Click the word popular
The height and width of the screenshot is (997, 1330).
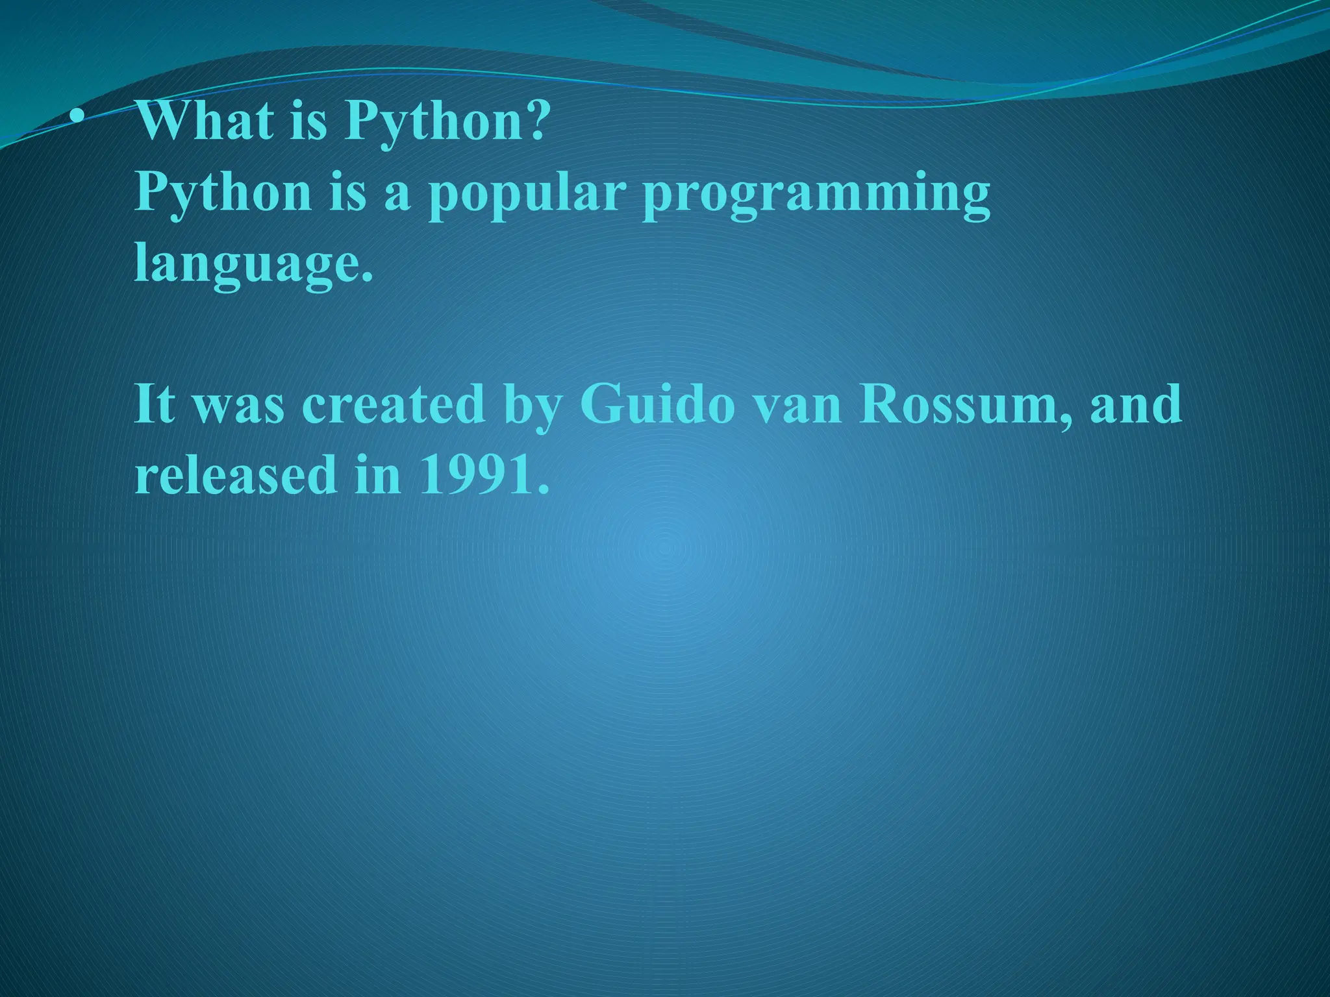tap(526, 195)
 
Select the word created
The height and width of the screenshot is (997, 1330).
tap(394, 404)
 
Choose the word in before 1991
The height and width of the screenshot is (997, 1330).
tap(378, 474)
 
